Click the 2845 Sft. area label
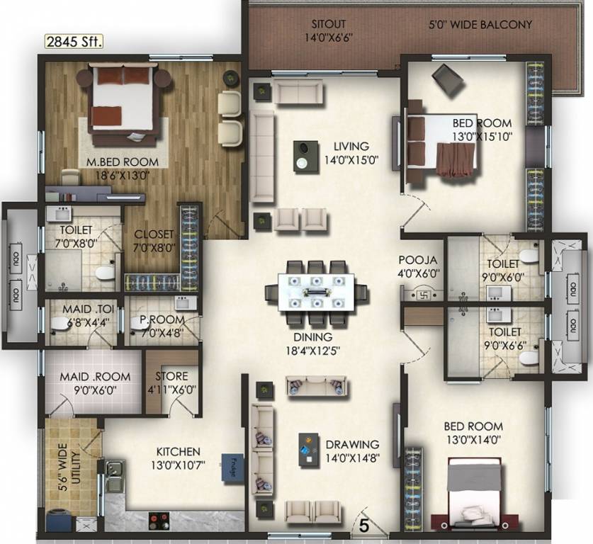click(74, 42)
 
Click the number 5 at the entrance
click(363, 526)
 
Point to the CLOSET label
click(154, 234)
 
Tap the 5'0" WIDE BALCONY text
click(480, 25)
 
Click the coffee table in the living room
click(303, 155)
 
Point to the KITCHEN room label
click(179, 451)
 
